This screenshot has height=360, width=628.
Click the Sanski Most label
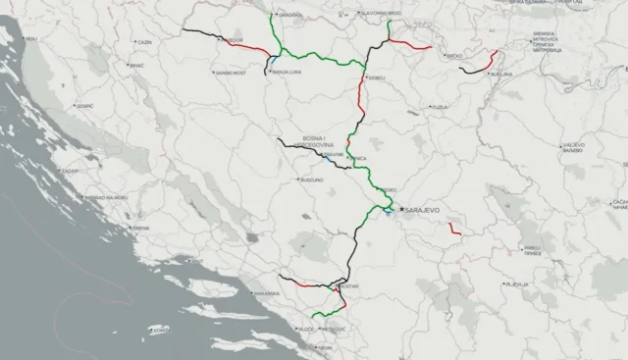point(231,73)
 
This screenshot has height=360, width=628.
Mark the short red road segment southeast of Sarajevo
point(454,229)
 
